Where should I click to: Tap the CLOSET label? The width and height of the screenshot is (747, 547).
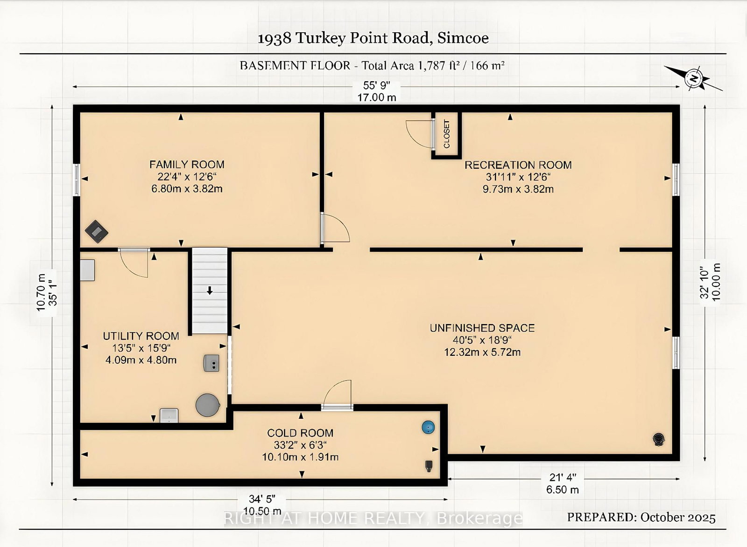pos(446,133)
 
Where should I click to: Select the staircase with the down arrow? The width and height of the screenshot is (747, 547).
pos(210,291)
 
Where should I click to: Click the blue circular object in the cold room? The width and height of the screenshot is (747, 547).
pos(428,427)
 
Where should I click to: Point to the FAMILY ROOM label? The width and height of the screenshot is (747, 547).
pos(187,165)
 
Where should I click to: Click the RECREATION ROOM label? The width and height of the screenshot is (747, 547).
pos(518,165)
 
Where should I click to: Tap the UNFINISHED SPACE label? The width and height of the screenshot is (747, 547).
pos(482,328)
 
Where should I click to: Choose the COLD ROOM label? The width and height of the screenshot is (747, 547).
pos(300,433)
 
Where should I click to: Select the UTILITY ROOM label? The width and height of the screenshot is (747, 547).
pos(141,336)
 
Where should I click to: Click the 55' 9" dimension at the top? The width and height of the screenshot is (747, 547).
pos(376,86)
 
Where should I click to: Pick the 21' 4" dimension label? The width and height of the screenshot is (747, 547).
pos(563,478)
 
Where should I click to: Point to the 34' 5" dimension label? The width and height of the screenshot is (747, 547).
pos(262,499)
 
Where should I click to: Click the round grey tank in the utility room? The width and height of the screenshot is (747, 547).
pos(207,405)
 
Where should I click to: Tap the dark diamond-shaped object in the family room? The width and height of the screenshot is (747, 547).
pos(96,231)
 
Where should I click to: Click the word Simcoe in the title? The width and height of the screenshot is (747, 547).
pos(463,38)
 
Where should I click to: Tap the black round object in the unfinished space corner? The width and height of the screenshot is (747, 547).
pos(659,439)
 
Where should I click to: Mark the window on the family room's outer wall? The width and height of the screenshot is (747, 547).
pos(77,180)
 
